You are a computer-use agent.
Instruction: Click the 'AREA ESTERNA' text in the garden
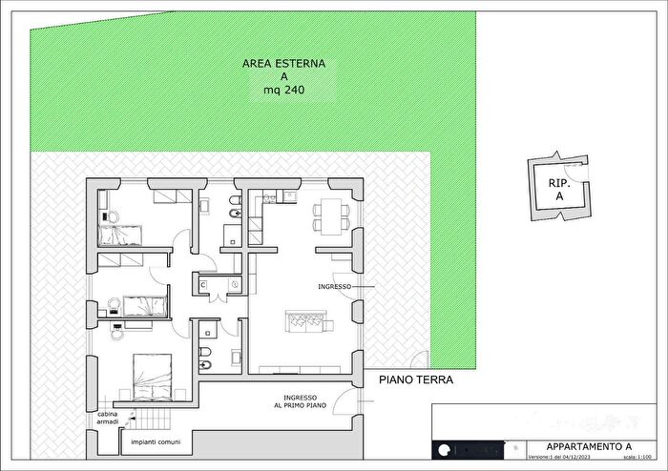click(x=283, y=64)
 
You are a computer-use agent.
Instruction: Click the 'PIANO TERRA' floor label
click(x=415, y=379)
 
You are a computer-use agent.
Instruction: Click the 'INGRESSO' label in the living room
click(x=335, y=286)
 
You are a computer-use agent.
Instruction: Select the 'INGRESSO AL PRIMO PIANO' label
click(x=305, y=401)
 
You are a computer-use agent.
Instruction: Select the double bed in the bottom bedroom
click(x=153, y=374)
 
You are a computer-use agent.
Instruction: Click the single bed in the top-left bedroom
click(x=120, y=234)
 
